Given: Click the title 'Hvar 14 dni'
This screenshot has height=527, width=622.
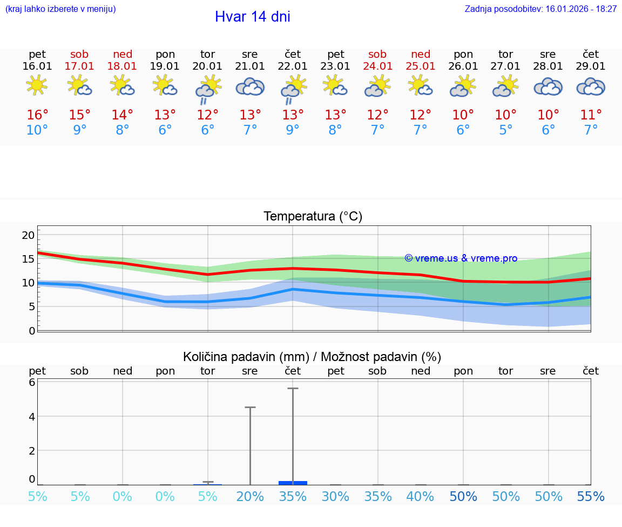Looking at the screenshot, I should (252, 17).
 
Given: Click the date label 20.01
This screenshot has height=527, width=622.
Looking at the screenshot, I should (207, 66).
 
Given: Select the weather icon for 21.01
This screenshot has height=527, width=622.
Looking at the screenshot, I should (250, 86).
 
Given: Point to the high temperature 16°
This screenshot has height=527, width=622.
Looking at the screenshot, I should (37, 115).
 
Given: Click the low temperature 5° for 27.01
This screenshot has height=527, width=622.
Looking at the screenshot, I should (506, 130).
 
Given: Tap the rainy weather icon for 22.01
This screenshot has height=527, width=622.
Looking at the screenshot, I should (293, 89).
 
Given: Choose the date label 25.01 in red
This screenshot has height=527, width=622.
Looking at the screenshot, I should (421, 66).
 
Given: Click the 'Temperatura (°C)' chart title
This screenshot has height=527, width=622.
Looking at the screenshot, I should (313, 217).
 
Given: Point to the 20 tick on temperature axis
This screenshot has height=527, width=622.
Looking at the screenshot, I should (28, 235).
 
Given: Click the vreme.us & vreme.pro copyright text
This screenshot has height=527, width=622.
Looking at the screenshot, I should (461, 258).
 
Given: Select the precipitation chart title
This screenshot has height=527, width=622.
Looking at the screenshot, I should (312, 357).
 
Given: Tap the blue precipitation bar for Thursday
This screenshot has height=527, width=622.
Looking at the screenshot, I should (293, 483).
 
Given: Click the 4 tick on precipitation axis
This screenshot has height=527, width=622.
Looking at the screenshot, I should (32, 417).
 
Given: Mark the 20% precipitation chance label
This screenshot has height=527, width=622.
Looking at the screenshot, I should (250, 497).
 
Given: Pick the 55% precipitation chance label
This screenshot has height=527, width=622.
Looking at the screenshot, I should (591, 497).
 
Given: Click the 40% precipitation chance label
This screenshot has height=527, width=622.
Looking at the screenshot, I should (420, 497).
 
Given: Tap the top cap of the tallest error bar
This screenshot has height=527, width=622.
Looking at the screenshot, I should (293, 389).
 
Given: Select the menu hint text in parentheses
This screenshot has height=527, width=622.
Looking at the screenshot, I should (60, 9).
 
